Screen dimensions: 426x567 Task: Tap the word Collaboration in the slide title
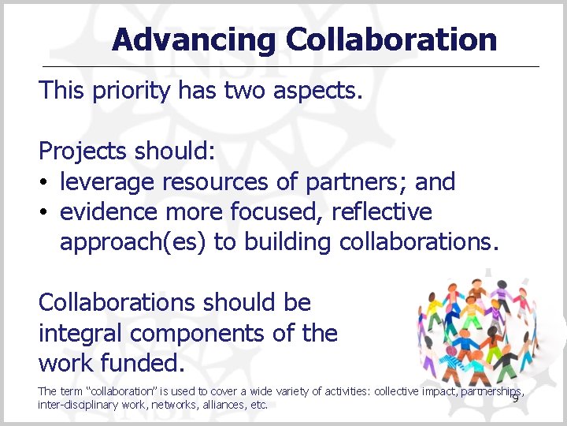pos(391,39)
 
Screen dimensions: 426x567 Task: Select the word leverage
pos(108,182)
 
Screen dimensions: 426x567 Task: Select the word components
pos(212,333)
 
